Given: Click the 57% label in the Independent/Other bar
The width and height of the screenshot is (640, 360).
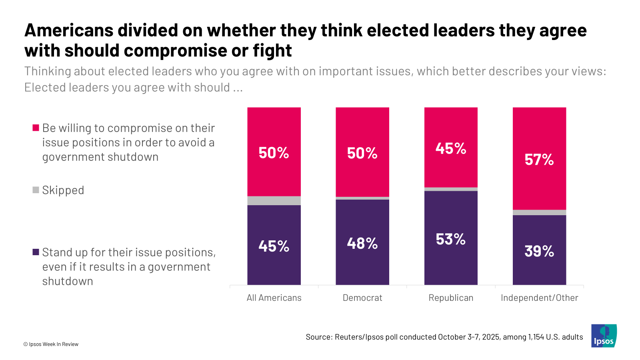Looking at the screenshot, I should pos(539,160).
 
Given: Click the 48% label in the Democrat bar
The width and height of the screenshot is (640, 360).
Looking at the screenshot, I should pos(362,243).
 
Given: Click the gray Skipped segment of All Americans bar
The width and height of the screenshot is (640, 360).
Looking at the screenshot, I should pos(274,201).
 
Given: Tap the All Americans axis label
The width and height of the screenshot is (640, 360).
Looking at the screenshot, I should pos(274,298).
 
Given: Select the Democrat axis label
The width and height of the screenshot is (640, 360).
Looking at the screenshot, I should pos(362,298).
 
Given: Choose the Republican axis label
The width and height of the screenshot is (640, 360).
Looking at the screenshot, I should pos(451,298).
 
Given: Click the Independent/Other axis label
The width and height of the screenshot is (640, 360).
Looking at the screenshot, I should pos(539,298).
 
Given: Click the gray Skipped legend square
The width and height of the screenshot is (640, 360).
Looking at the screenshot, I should pos(36,190).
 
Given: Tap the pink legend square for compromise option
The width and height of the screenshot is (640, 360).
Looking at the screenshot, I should pos(36,128).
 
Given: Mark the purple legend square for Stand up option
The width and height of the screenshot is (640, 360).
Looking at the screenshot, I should pos(36,252).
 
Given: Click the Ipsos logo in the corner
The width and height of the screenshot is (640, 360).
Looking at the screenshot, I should pos(604,336).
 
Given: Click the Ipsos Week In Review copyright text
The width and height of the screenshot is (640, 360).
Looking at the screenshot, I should pos(51,344).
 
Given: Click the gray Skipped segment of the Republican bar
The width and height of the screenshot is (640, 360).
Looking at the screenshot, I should pos(451,189).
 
